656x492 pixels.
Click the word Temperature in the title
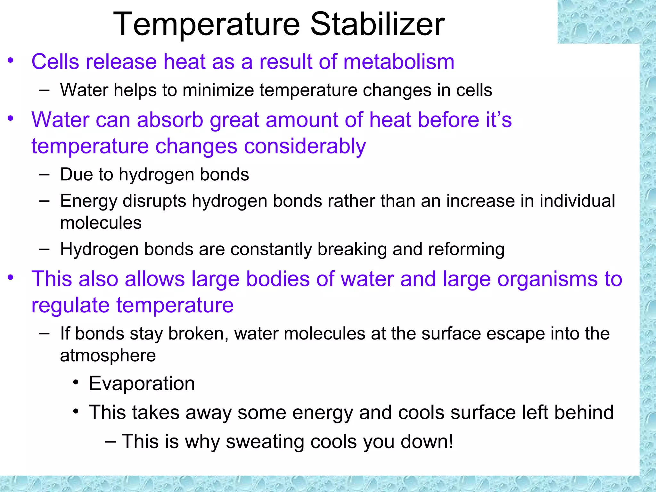click(206, 24)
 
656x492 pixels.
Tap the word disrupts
click(154, 201)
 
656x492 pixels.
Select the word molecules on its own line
click(101, 223)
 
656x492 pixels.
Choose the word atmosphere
click(108, 356)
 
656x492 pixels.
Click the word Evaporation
click(142, 383)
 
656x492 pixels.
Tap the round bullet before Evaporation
click(76, 382)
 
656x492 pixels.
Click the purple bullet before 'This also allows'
click(11, 277)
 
